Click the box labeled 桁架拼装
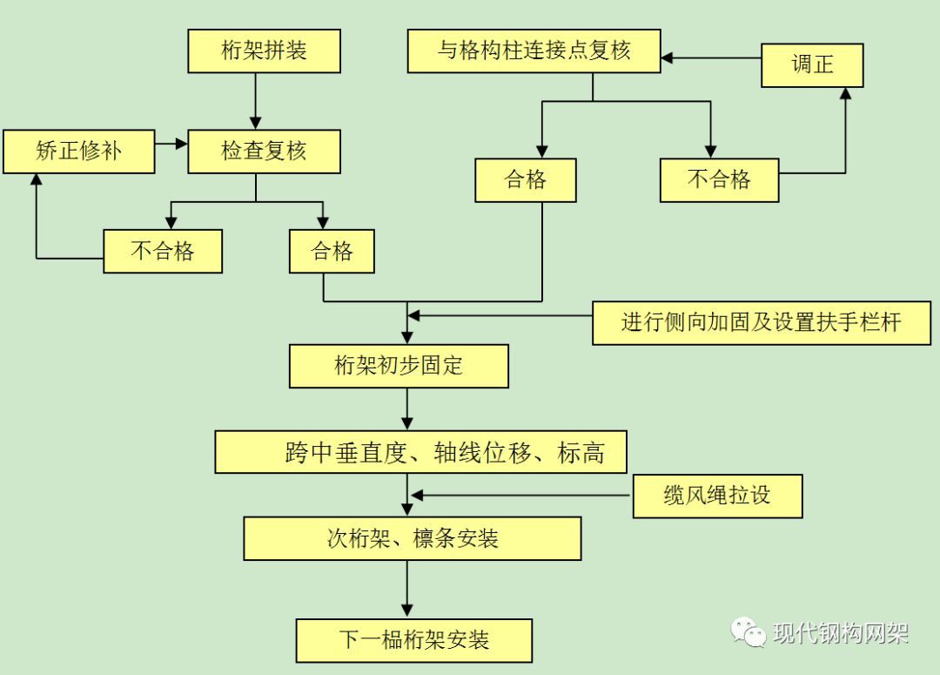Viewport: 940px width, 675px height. pyautogui.click(x=264, y=51)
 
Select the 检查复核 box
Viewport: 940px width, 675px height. pyautogui.click(x=264, y=152)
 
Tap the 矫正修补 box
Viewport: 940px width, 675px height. pyautogui.click(x=79, y=152)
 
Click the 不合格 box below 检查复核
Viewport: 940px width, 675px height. pyautogui.click(x=163, y=252)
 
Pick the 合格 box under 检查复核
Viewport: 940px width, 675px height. pyautogui.click(x=332, y=252)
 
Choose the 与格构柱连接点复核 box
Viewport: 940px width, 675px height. pyautogui.click(x=534, y=51)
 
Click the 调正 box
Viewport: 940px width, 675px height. pyautogui.click(x=812, y=64)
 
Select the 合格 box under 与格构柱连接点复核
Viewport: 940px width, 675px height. pyautogui.click(x=526, y=180)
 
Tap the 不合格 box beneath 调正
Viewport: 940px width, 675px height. pyautogui.click(x=719, y=180)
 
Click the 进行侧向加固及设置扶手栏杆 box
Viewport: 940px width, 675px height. pyautogui.click(x=762, y=322)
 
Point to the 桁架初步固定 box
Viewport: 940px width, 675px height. pyautogui.click(x=399, y=366)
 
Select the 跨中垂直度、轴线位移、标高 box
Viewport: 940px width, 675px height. pyautogui.click(x=420, y=452)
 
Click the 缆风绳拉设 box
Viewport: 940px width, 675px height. pyautogui.click(x=717, y=496)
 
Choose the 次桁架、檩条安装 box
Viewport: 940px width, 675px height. pyautogui.click(x=413, y=538)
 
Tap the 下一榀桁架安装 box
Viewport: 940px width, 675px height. pyautogui.click(x=413, y=640)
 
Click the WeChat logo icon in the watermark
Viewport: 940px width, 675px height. pyautogui.click(x=749, y=631)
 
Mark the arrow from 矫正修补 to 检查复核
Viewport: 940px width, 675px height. pyautogui.click(x=171, y=140)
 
